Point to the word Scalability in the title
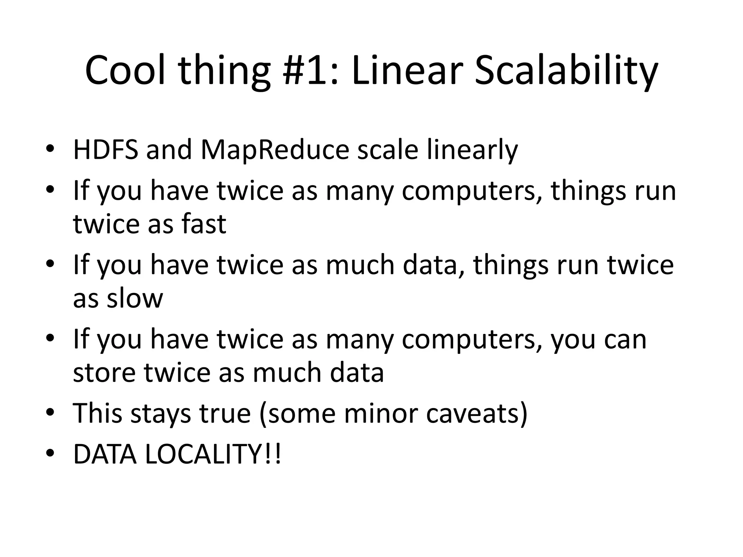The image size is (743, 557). pyautogui.click(x=566, y=71)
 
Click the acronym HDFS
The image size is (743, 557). pyautogui.click(x=106, y=149)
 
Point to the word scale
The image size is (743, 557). pyautogui.click(x=388, y=149)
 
